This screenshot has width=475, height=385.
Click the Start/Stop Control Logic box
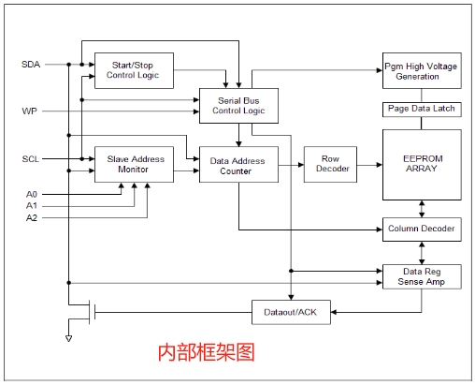(x=134, y=70)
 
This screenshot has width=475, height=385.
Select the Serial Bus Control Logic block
(x=238, y=106)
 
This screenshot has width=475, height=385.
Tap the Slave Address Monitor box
(x=134, y=164)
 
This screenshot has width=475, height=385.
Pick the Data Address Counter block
(x=238, y=164)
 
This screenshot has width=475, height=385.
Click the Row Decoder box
(x=330, y=164)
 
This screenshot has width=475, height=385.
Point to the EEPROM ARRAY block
(x=422, y=165)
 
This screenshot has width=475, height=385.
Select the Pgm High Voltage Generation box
(x=422, y=70)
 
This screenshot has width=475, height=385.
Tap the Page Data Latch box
(x=422, y=110)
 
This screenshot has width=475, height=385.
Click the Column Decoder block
(x=422, y=230)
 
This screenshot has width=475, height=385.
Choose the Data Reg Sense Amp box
(x=422, y=276)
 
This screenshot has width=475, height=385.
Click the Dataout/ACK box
(x=291, y=312)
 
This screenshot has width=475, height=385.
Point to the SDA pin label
(x=31, y=65)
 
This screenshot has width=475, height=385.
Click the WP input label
(x=30, y=111)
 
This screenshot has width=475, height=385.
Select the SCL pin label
(x=31, y=159)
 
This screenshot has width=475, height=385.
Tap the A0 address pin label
(x=32, y=195)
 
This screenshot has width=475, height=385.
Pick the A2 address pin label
(x=32, y=217)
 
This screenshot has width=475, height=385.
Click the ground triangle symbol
(x=69, y=338)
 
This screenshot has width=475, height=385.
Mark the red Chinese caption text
(x=207, y=352)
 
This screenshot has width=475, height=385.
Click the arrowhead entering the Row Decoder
(x=301, y=165)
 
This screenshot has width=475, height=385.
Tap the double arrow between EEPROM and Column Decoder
(x=422, y=209)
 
